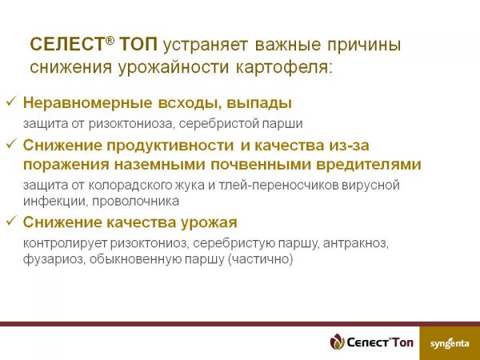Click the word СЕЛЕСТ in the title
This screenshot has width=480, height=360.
tap(67, 44)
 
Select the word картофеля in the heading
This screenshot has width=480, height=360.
tap(284, 68)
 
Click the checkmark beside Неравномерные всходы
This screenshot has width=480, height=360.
tap(10, 102)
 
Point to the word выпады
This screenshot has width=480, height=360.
tap(259, 103)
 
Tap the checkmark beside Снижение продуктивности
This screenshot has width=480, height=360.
tap(10, 143)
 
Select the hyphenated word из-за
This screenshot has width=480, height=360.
tap(349, 146)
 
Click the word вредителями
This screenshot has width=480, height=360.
tap(369, 165)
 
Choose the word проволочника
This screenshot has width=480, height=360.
tap(135, 202)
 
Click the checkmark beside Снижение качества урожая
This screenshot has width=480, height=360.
tap(10, 220)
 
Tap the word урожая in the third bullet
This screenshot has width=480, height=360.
tap(209, 222)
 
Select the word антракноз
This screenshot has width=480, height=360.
tap(356, 243)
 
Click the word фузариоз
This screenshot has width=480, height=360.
tap(54, 259)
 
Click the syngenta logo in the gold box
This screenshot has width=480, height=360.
tap(450, 343)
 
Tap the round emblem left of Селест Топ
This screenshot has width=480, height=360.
tap(337, 342)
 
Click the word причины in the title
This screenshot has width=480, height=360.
tap(364, 45)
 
